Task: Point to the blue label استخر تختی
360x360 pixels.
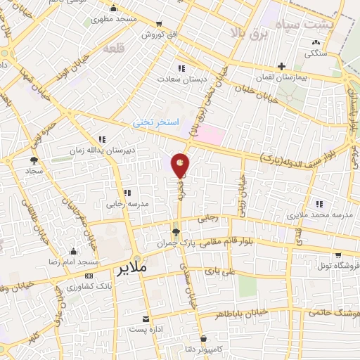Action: (157, 122)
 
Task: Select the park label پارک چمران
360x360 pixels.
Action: (176, 243)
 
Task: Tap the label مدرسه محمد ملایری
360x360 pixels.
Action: (320, 214)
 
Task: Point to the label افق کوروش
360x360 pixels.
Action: (153, 34)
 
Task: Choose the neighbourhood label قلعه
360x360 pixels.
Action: (113, 50)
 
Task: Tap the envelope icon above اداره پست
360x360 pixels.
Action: (146, 319)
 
